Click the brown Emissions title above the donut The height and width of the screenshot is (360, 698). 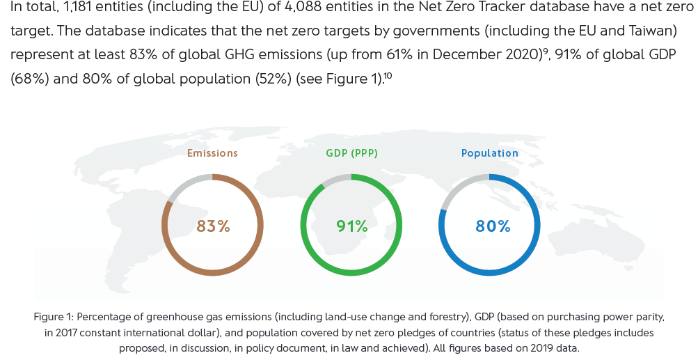coord(212,153)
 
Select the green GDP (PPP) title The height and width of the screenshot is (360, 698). coord(351,153)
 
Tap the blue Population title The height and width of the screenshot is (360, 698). coord(489,153)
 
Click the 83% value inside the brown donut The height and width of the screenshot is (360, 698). coord(213,226)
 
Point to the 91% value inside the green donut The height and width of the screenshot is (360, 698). coord(351,226)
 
